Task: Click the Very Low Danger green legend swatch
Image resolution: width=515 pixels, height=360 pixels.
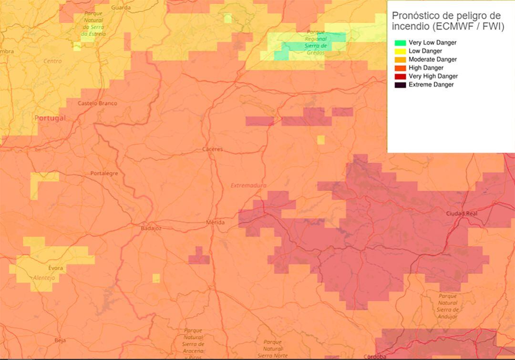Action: (x=400, y=43)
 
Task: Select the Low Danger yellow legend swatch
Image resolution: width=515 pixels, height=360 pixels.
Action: (x=400, y=51)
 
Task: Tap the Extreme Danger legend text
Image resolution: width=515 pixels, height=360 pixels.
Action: (x=431, y=85)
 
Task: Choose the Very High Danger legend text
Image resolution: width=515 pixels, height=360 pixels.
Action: (x=433, y=76)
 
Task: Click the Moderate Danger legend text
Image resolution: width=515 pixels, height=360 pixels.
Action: (x=433, y=60)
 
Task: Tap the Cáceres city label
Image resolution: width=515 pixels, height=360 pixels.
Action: (x=213, y=149)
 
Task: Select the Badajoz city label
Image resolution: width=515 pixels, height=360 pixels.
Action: (x=151, y=229)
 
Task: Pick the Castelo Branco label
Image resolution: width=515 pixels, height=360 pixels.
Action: (x=97, y=103)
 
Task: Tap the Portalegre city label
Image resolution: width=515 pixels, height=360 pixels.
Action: (x=104, y=174)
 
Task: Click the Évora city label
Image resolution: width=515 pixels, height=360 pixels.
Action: (x=55, y=268)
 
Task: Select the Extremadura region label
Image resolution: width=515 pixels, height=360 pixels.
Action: (x=248, y=185)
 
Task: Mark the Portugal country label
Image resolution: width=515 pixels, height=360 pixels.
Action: (x=50, y=118)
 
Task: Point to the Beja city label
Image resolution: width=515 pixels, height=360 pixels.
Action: (x=60, y=340)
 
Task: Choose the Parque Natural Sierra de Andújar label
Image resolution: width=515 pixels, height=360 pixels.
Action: (x=447, y=306)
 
